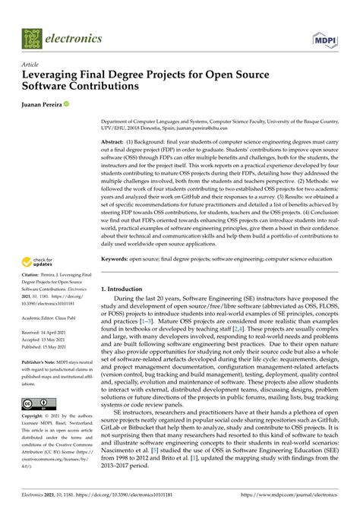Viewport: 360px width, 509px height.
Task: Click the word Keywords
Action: (x=118, y=258)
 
